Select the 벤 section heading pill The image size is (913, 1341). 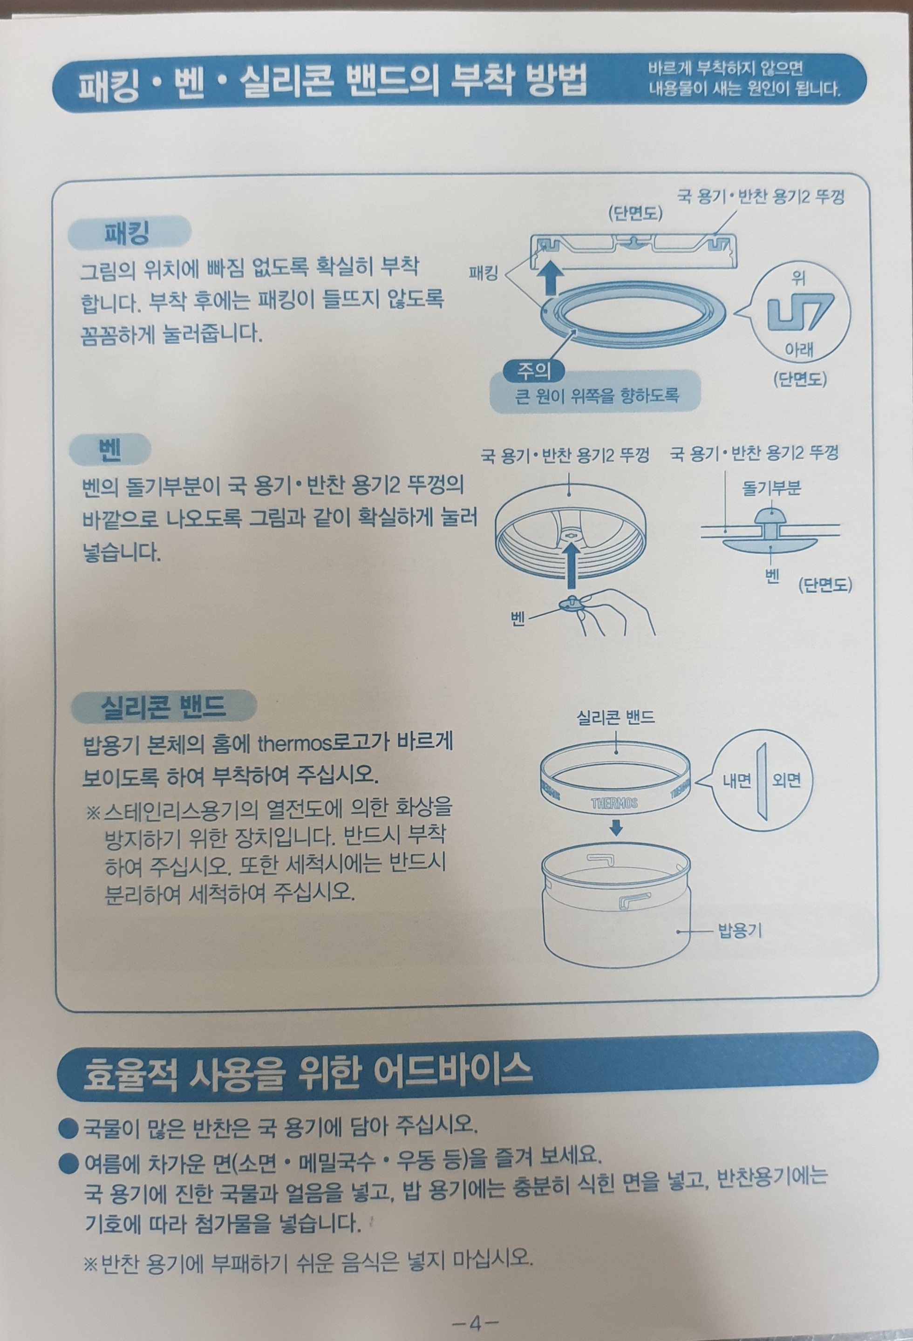109,449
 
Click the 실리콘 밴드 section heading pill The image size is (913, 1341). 164,706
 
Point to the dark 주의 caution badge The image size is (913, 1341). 534,371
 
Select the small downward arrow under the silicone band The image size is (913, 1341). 616,827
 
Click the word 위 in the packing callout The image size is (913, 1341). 799,280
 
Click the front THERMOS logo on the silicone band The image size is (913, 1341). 614,803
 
